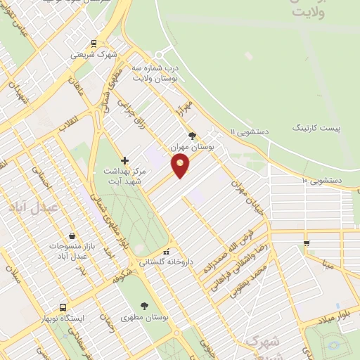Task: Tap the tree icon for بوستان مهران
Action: coord(192,136)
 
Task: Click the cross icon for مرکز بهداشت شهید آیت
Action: coord(125,160)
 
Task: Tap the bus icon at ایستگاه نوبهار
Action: coord(63,308)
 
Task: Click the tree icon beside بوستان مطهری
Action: coord(145,306)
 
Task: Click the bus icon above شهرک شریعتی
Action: coord(94,42)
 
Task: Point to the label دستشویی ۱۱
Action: coord(251,131)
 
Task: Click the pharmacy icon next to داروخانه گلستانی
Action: coord(167,252)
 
